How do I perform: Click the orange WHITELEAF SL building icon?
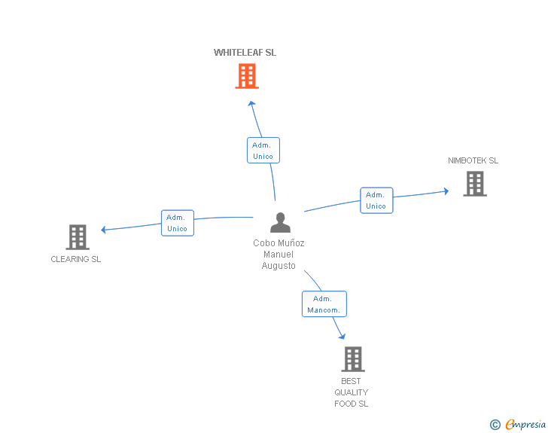click(x=247, y=76)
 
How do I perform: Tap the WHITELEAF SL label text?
click(x=245, y=53)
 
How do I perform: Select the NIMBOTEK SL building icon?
click(x=475, y=184)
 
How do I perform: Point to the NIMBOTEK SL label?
click(x=473, y=160)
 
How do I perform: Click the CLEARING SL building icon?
click(x=78, y=237)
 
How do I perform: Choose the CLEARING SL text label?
click(x=75, y=259)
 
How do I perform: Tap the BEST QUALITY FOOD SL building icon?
click(x=353, y=359)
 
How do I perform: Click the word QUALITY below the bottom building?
click(x=352, y=392)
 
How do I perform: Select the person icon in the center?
click(x=280, y=222)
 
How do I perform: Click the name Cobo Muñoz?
click(x=279, y=242)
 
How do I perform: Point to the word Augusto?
click(x=279, y=266)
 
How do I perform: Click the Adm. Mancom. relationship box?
click(x=324, y=304)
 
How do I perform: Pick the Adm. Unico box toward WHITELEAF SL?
click(x=263, y=151)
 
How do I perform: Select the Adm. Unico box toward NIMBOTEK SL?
click(x=376, y=200)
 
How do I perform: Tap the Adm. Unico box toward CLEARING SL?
click(x=178, y=223)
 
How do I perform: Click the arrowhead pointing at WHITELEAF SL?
click(x=251, y=103)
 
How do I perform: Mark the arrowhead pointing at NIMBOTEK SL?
click(x=446, y=191)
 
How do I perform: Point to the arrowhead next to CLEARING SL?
click(x=103, y=230)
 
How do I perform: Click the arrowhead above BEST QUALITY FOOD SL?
click(x=342, y=336)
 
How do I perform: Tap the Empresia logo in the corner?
click(x=518, y=424)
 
